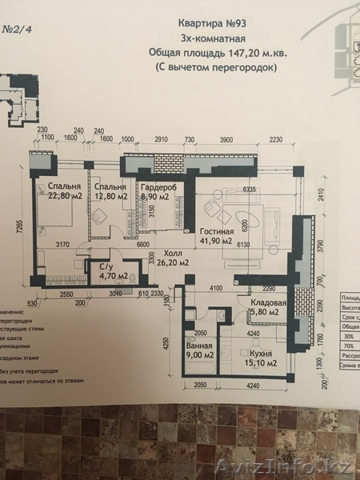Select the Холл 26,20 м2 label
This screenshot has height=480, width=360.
click(170, 256)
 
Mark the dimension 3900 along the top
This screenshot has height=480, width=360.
click(226, 139)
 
